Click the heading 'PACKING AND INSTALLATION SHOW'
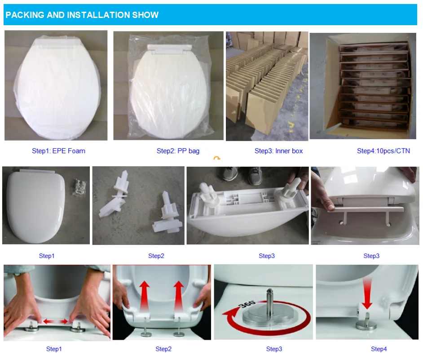[x=82, y=15]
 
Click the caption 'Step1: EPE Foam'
[x=58, y=151]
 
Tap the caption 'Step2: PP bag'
[x=178, y=151]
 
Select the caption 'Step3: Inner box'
[x=278, y=151]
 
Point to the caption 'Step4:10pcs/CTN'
[x=383, y=151]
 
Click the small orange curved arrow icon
[x=217, y=159]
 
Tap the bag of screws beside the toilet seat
[x=79, y=184]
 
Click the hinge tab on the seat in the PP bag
[x=168, y=47]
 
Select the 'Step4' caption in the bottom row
[x=379, y=349]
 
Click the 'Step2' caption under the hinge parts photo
[x=156, y=256]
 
